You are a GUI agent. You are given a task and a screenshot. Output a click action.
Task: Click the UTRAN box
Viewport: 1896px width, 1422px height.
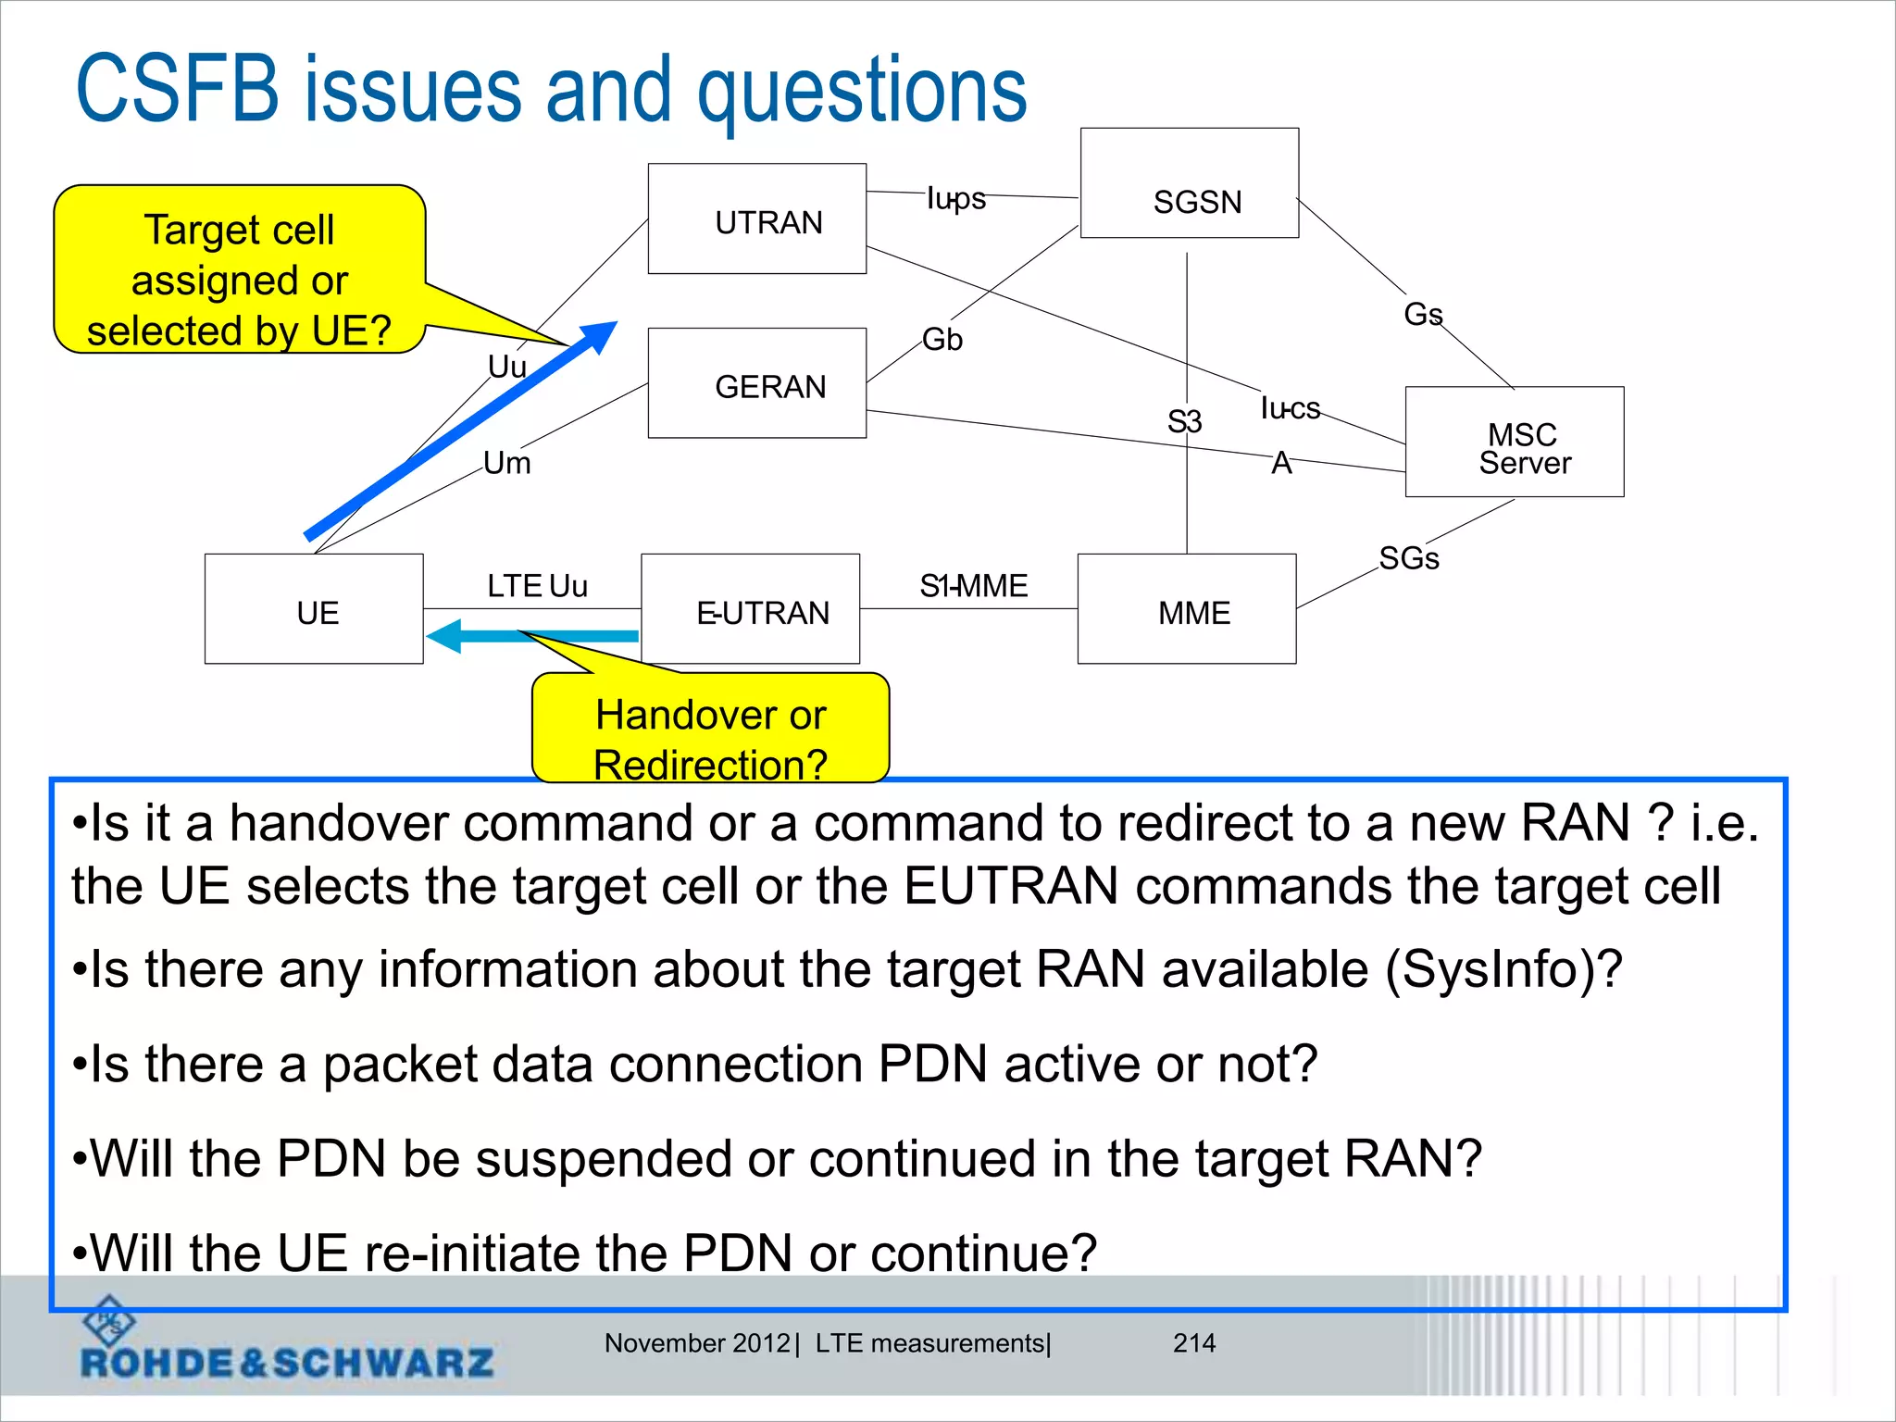756,219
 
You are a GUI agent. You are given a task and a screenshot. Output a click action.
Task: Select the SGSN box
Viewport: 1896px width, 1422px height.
1189,183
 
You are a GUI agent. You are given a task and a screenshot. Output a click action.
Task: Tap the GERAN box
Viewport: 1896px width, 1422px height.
756,383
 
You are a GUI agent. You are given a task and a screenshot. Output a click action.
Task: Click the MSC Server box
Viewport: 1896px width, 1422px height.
1514,443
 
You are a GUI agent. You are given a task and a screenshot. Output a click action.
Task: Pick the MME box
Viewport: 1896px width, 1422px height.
1186,609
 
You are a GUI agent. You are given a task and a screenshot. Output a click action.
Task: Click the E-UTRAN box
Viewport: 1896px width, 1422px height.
750,609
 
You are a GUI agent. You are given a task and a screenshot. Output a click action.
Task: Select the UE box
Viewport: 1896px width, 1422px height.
314,609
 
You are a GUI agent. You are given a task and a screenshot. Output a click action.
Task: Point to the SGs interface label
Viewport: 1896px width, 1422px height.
1408,558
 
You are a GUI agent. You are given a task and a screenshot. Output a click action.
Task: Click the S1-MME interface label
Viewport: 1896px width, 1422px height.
973,586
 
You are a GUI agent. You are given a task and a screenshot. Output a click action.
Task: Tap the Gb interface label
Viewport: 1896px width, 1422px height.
942,340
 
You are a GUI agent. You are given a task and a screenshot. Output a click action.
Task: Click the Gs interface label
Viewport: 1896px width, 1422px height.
1422,315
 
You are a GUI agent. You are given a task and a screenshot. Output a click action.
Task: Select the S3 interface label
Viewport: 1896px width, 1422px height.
1184,422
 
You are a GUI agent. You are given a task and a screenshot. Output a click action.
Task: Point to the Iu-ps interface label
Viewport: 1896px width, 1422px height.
956,198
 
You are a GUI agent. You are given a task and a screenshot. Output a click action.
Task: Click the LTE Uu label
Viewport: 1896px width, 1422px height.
537,586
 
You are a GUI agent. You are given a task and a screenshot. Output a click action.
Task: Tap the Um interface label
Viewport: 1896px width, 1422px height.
507,463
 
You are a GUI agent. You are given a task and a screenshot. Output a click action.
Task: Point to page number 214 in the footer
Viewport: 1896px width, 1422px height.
1193,1342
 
